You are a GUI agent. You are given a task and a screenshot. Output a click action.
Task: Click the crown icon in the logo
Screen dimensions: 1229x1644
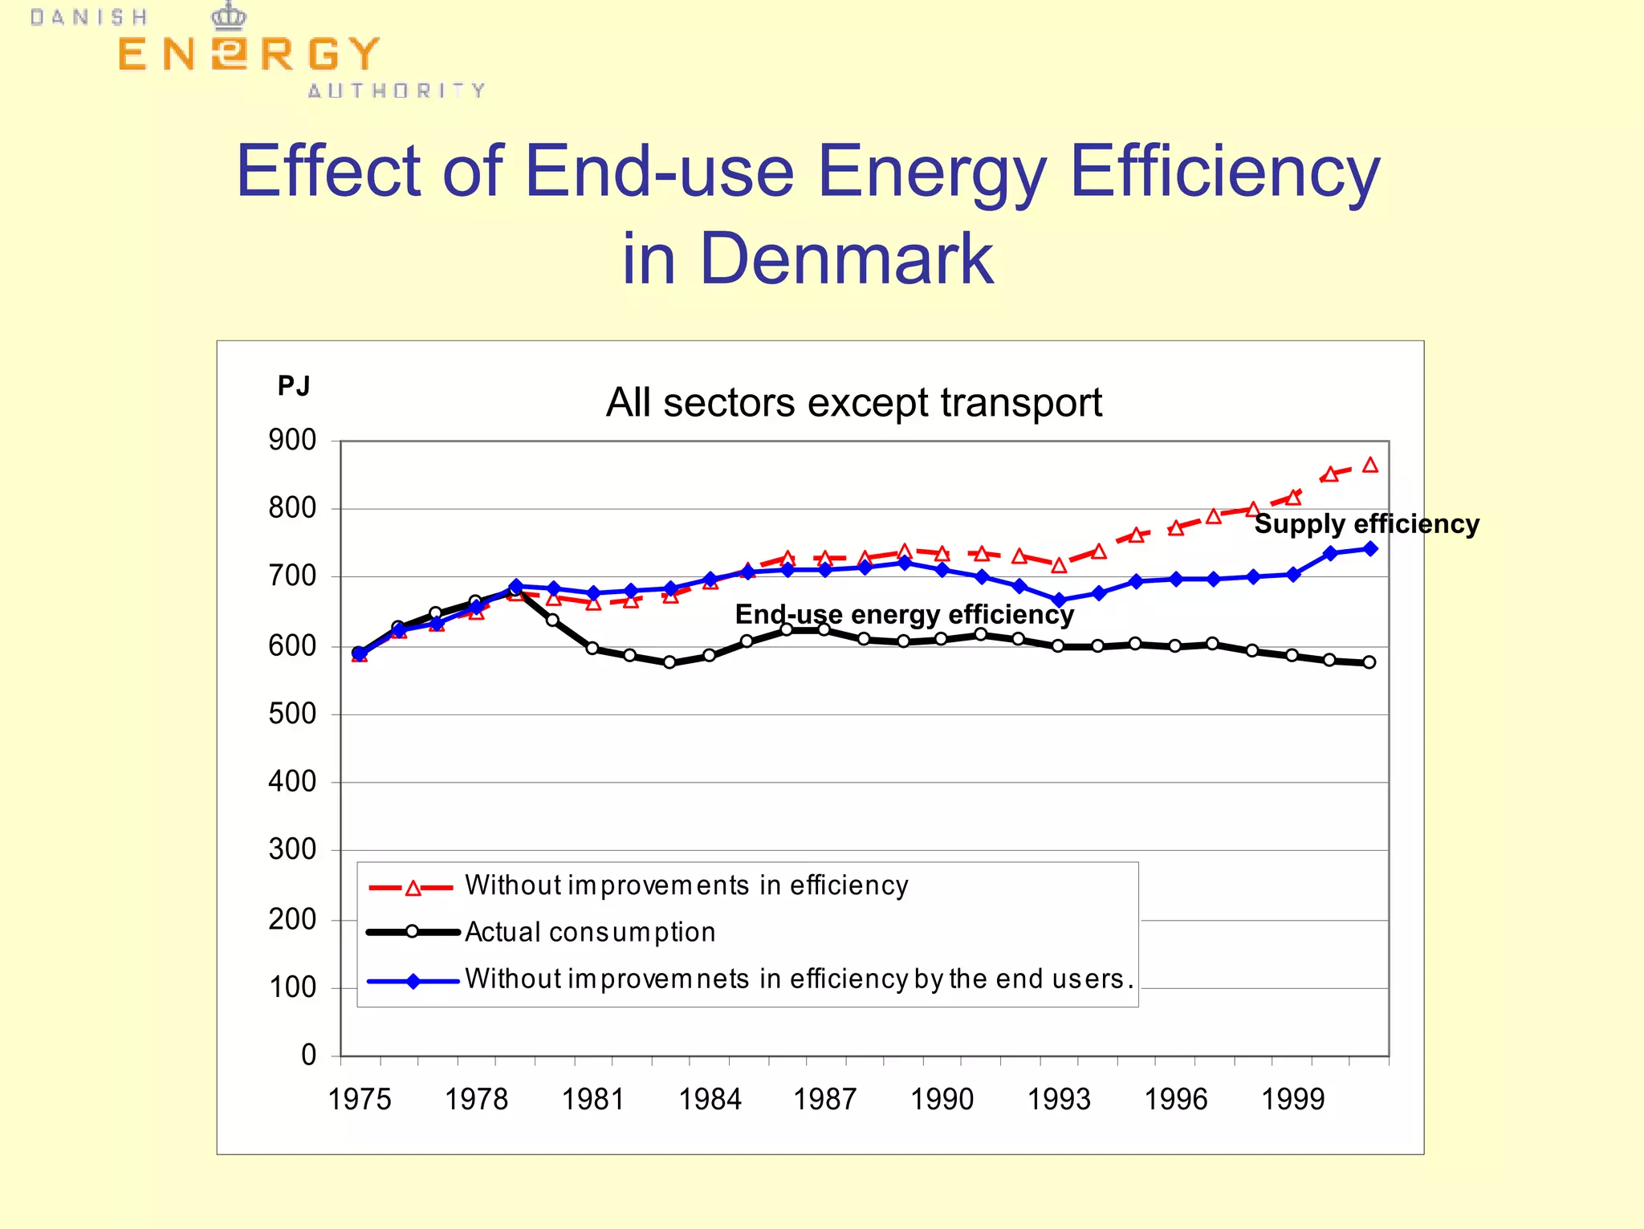pyautogui.click(x=229, y=15)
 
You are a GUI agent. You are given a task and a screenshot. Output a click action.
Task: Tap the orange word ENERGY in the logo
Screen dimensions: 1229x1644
pyautogui.click(x=248, y=55)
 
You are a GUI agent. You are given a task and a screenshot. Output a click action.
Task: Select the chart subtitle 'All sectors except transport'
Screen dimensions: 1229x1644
pyautogui.click(x=853, y=402)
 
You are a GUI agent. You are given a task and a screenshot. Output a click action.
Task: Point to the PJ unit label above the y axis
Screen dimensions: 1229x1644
pyautogui.click(x=293, y=386)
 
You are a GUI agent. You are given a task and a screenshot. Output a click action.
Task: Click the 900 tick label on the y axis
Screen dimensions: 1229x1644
pyautogui.click(x=292, y=440)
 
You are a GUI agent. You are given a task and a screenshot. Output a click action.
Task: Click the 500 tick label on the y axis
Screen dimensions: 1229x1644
pyautogui.click(x=292, y=714)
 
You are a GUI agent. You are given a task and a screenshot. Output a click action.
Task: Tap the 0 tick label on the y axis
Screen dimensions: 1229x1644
pyautogui.click(x=308, y=1055)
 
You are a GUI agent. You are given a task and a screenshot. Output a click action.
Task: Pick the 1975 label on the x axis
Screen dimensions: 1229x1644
pyautogui.click(x=360, y=1099)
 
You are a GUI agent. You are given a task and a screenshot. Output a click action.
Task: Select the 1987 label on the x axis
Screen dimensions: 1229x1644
pyautogui.click(x=825, y=1099)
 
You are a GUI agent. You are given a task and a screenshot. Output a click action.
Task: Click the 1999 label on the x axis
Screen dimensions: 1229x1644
pyautogui.click(x=1292, y=1099)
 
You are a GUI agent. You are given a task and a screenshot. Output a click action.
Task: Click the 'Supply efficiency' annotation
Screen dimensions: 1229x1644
pyautogui.click(x=1366, y=524)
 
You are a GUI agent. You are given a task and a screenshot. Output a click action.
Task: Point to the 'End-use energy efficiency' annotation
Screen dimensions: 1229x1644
pyautogui.click(x=904, y=614)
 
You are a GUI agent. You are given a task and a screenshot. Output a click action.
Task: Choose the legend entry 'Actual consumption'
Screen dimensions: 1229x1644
pyautogui.click(x=590, y=932)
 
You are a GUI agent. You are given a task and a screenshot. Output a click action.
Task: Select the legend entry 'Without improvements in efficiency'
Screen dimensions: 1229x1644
pyautogui.click(x=686, y=885)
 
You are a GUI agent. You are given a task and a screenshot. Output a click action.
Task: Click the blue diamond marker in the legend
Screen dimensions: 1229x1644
pyautogui.click(x=413, y=981)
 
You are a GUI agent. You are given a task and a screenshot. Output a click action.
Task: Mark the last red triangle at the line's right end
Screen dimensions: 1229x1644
pyautogui.click(x=1370, y=466)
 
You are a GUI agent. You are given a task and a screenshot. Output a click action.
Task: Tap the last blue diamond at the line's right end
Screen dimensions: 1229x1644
pyautogui.click(x=1370, y=549)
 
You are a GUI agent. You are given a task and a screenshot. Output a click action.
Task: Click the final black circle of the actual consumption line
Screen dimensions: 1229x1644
pyautogui.click(x=1369, y=662)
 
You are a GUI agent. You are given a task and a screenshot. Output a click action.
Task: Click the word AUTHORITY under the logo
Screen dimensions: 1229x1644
pyautogui.click(x=397, y=91)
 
